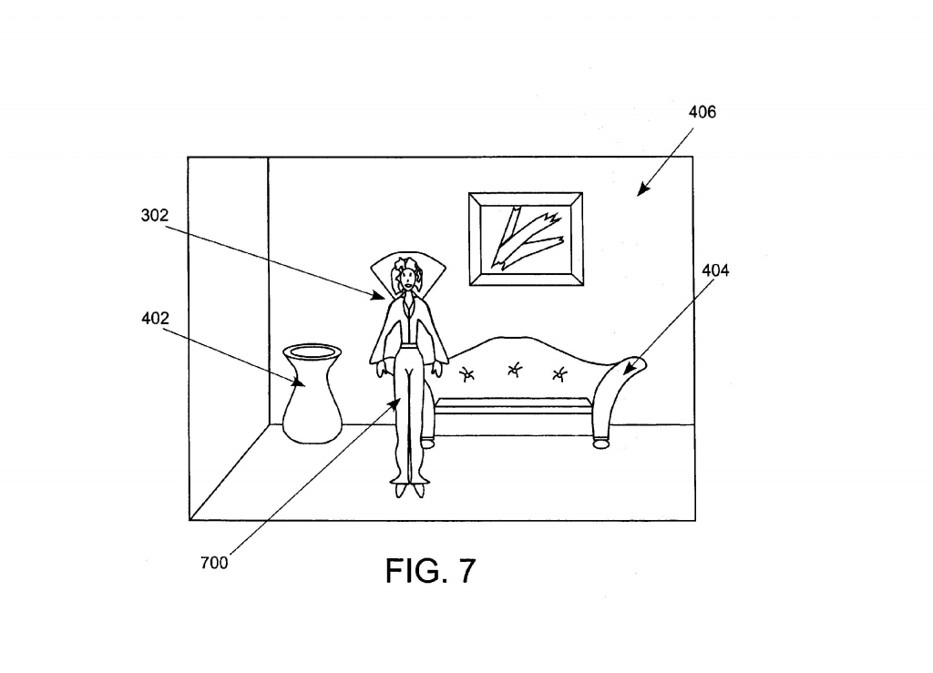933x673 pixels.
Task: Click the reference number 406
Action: (x=702, y=112)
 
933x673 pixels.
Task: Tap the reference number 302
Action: (x=155, y=215)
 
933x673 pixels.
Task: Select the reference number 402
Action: (x=155, y=319)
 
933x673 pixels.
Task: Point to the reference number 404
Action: (x=715, y=270)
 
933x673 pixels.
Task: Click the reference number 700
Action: (x=214, y=563)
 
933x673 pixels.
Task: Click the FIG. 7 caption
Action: (x=431, y=571)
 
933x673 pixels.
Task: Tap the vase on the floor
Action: (x=312, y=393)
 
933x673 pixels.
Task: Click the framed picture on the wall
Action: (x=526, y=239)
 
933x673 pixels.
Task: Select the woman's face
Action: (x=407, y=279)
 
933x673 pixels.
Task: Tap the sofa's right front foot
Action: (x=601, y=443)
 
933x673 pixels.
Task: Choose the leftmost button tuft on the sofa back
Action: (x=467, y=374)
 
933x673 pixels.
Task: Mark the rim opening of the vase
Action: (x=312, y=352)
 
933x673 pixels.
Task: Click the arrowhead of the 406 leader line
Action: (x=642, y=189)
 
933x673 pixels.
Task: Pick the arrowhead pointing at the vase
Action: (x=298, y=382)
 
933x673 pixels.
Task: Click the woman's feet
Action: (x=409, y=491)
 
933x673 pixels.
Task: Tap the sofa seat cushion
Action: (x=514, y=406)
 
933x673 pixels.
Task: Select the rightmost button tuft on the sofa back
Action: (x=559, y=374)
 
